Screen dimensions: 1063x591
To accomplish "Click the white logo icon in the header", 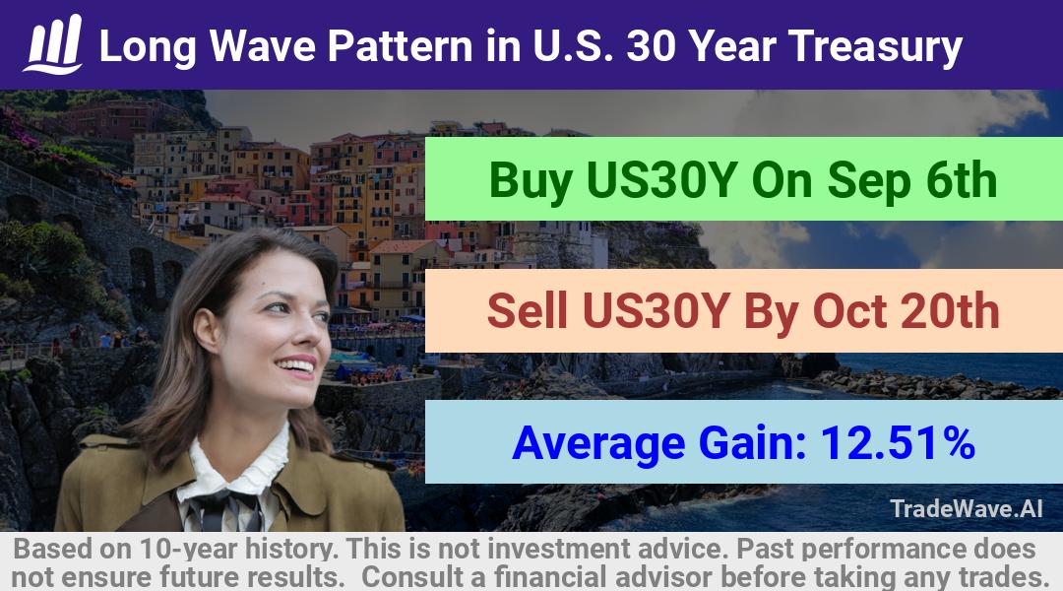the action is [53, 44].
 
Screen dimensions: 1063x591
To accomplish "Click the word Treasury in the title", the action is [875, 47].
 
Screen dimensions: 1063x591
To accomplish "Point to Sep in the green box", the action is [868, 181].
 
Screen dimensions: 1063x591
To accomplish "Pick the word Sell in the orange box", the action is [527, 310].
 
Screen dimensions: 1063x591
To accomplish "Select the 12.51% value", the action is [898, 442].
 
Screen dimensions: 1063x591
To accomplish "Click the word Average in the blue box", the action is [598, 444].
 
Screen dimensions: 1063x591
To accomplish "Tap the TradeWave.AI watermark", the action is [967, 508].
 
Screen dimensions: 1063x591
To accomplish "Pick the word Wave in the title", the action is [263, 46].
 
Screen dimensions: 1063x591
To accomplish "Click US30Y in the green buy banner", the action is [661, 180].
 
